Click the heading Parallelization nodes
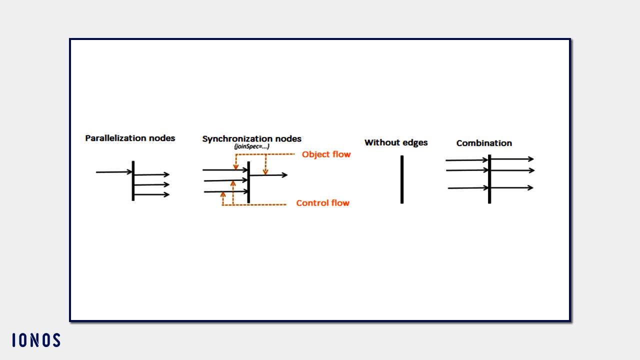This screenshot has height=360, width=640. click(x=130, y=138)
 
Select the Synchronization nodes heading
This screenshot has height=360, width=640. click(x=251, y=139)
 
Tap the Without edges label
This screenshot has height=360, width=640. click(x=396, y=142)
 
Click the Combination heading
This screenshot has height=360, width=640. click(x=484, y=143)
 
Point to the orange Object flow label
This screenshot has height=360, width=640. click(x=326, y=154)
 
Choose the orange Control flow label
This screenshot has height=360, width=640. click(x=322, y=203)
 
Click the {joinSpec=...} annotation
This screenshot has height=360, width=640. click(x=252, y=146)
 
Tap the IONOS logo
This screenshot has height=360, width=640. click(x=36, y=340)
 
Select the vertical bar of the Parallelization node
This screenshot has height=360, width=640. click(x=133, y=180)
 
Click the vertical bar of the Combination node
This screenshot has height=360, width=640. click(x=489, y=178)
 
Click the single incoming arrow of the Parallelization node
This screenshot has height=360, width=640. click(x=114, y=172)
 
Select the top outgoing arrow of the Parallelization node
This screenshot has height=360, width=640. click(x=152, y=175)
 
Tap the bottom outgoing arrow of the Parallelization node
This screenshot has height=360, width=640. click(x=152, y=194)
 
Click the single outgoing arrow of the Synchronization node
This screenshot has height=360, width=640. click(x=268, y=175)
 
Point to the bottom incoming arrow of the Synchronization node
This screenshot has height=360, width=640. click(x=226, y=191)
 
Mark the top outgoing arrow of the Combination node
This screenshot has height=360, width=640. click(x=512, y=159)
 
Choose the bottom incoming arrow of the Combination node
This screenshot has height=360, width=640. click(x=468, y=188)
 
